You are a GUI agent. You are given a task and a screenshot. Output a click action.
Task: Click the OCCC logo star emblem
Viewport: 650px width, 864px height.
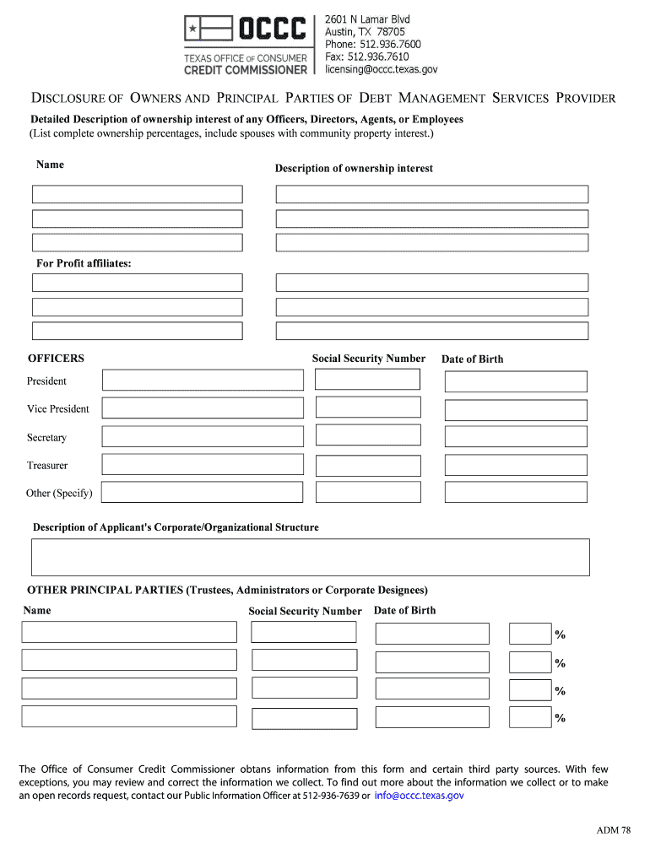(x=194, y=30)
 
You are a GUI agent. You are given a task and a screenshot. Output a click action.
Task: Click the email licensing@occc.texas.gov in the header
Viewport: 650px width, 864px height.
(x=381, y=69)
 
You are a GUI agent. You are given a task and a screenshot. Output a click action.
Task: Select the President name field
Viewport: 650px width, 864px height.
(x=203, y=381)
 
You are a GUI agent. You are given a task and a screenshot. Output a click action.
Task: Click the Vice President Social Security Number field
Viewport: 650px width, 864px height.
(x=367, y=408)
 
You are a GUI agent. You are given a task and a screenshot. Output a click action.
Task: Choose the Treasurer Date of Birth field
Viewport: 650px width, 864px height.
(x=515, y=465)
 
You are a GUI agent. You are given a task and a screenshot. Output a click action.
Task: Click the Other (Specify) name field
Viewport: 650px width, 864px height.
(x=203, y=492)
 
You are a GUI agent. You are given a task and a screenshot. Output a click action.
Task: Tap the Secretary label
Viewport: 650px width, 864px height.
(x=46, y=438)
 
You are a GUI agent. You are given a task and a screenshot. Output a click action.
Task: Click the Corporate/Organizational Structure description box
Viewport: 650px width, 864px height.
(x=310, y=558)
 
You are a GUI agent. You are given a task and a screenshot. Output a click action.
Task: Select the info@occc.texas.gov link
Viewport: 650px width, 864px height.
(x=419, y=795)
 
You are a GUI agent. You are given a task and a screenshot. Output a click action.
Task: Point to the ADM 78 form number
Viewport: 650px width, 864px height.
(x=613, y=831)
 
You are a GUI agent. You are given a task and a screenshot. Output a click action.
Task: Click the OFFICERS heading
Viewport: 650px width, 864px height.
(x=56, y=359)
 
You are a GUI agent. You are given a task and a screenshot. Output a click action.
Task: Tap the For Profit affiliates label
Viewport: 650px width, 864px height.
(x=84, y=264)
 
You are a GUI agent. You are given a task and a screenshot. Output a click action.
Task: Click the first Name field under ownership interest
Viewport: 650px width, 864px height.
(x=137, y=194)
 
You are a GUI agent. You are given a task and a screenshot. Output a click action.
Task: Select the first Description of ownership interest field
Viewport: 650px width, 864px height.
(x=431, y=194)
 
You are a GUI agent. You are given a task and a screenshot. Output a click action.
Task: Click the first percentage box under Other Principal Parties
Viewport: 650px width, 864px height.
(x=530, y=634)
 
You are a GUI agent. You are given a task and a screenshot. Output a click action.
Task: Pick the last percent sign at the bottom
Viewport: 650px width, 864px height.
(x=560, y=719)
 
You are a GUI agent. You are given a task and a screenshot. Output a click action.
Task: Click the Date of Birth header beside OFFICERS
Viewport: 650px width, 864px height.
(x=472, y=359)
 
